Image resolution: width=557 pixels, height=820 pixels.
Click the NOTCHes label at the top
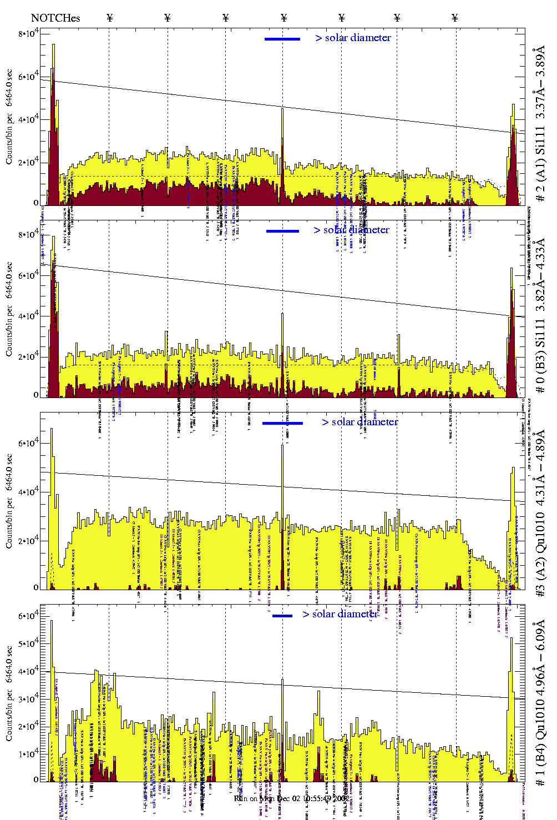(x=55, y=18)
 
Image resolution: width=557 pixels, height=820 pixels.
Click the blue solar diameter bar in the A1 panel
(x=282, y=39)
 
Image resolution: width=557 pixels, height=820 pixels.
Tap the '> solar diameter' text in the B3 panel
(x=351, y=230)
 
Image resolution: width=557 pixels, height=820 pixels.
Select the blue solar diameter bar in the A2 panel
(x=282, y=423)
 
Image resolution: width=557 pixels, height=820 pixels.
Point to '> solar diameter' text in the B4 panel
(x=340, y=614)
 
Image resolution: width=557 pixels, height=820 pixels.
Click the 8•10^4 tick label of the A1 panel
(x=28, y=34)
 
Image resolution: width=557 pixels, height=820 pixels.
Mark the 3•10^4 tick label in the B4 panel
(x=28, y=698)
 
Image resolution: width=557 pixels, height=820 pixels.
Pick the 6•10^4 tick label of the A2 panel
(x=28, y=443)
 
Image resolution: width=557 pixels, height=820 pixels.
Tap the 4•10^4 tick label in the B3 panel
(x=28, y=316)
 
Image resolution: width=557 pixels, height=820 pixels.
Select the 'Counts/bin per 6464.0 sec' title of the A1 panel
(x=9, y=117)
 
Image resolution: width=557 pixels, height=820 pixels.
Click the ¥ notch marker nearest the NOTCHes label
(x=109, y=18)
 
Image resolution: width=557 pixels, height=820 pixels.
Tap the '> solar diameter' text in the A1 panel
(x=353, y=38)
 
